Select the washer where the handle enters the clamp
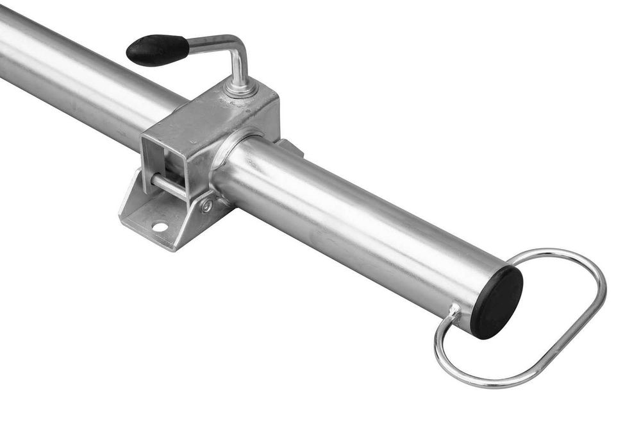(x=241, y=88)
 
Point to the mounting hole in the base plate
(x=160, y=227)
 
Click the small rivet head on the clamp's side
(x=206, y=205)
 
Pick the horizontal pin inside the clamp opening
(x=169, y=186)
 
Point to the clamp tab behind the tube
(x=290, y=147)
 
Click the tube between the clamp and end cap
(x=359, y=225)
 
